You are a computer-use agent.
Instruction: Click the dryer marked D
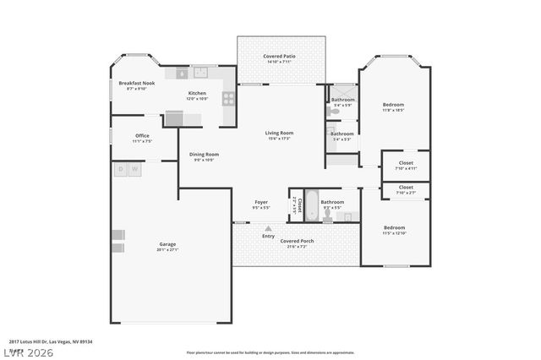(x=121, y=169)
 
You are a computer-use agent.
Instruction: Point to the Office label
(x=141, y=138)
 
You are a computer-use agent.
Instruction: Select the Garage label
(x=167, y=247)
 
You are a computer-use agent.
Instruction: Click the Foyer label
(x=261, y=204)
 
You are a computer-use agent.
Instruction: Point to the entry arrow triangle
(x=268, y=228)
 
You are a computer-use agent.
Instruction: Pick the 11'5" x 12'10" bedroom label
(x=395, y=229)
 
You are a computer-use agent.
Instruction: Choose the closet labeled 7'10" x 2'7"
(x=405, y=189)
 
